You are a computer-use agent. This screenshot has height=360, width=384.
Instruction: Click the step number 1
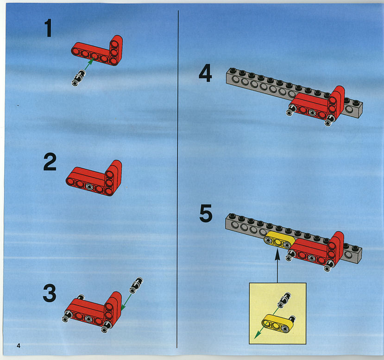[48, 28]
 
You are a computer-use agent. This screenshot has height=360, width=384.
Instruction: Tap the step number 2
[50, 161]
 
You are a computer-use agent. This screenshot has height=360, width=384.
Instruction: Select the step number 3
[50, 293]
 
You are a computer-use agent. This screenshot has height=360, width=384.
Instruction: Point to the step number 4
[205, 73]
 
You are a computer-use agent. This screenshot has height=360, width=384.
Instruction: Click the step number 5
[206, 213]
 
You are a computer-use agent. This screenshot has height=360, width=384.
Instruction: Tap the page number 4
[19, 346]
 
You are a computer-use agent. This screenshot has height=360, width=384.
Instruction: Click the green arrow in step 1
[89, 64]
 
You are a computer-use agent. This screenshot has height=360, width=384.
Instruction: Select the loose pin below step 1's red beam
[78, 78]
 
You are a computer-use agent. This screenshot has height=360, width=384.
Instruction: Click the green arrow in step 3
[126, 303]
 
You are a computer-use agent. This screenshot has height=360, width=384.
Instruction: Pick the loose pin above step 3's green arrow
[136, 285]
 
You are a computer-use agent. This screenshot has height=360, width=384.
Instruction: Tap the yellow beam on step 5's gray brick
[279, 240]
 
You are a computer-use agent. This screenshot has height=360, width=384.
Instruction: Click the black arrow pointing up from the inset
[277, 266]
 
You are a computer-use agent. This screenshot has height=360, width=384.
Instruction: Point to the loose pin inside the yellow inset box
[284, 300]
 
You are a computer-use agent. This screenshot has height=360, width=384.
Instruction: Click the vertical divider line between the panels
[177, 179]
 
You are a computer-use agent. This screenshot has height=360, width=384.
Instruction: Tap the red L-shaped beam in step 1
[97, 51]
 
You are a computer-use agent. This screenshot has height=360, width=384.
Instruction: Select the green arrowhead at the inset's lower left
[257, 335]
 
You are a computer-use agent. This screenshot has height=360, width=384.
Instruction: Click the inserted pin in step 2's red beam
[89, 187]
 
